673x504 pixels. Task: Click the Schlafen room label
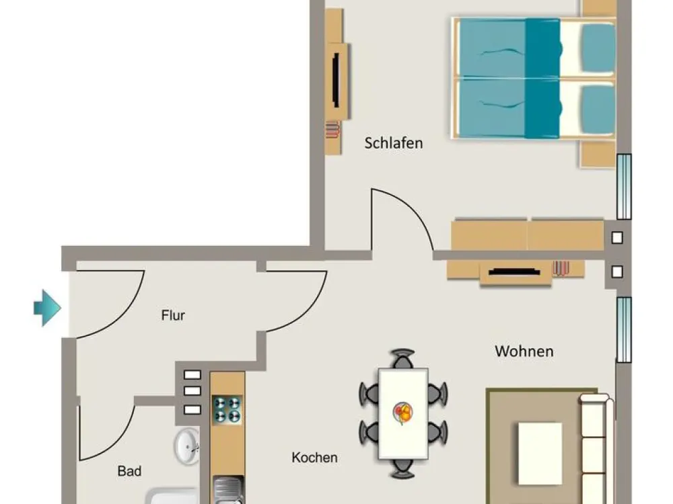point(394,143)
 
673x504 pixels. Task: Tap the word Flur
point(173,315)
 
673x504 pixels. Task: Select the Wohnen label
point(524,351)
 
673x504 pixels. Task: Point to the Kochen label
point(314,458)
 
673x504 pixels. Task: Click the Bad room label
point(129,472)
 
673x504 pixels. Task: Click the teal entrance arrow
point(47,308)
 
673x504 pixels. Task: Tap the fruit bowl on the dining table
point(402,413)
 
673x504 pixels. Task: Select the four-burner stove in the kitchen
point(227,410)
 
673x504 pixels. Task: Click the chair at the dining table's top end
point(402,359)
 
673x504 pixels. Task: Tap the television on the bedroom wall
point(336,80)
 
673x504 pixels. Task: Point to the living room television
point(514,271)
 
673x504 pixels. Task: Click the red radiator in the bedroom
point(332,130)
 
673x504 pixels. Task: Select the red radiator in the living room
point(561,268)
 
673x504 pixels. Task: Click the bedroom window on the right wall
point(624,187)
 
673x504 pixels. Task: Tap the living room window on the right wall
point(624,330)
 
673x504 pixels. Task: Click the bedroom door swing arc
point(411,208)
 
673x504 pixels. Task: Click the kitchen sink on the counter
point(228,491)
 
